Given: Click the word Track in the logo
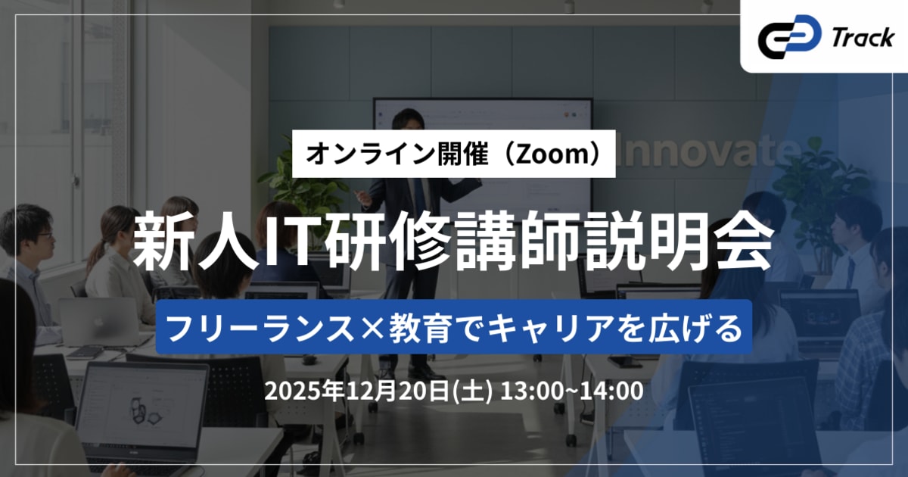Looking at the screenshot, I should tap(862, 38).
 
